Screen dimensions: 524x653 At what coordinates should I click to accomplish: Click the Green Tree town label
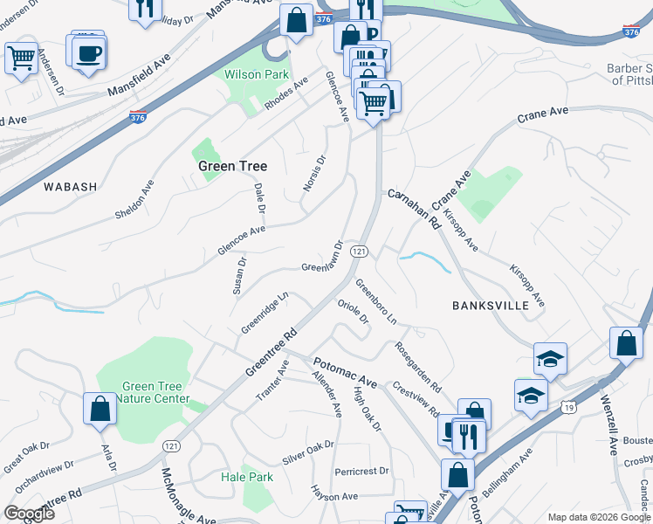tap(231, 166)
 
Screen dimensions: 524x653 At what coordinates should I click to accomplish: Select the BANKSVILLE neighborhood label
tap(491, 306)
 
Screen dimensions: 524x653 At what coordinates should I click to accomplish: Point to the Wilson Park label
tap(256, 75)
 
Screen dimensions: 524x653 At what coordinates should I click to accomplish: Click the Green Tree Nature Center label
tap(155, 393)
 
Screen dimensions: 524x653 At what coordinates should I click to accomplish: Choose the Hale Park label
tap(247, 477)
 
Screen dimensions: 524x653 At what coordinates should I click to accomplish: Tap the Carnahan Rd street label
tap(413, 208)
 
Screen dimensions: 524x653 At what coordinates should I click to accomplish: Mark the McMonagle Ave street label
tap(186, 496)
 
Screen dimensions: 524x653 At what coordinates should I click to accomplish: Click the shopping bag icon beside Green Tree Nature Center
tap(100, 408)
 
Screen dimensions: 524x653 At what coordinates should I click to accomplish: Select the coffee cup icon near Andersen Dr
tap(88, 53)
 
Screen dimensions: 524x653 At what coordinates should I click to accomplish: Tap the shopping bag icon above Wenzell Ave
tap(626, 342)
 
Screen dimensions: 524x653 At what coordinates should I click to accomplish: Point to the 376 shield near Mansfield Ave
tap(137, 116)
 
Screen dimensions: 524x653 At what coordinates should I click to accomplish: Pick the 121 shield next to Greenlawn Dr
tap(357, 252)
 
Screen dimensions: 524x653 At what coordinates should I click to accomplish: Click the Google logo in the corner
tap(29, 514)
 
